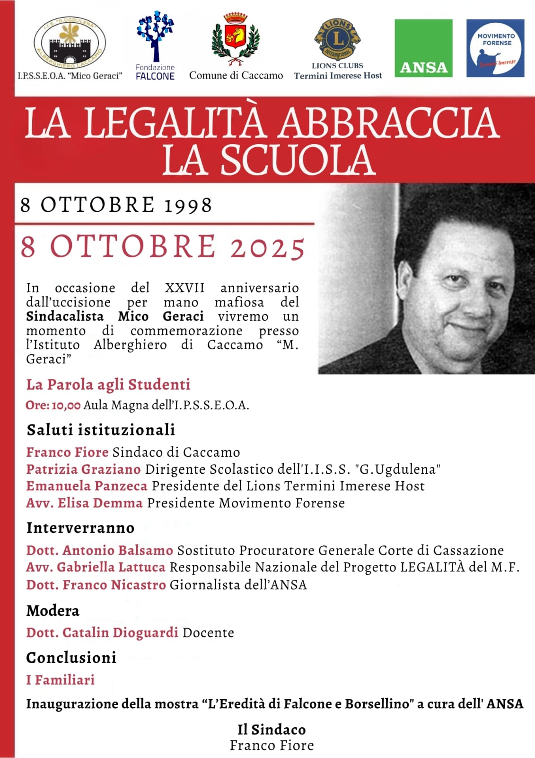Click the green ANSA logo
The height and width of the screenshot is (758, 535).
423,48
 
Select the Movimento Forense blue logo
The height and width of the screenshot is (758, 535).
495,48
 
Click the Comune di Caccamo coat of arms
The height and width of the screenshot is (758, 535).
235,39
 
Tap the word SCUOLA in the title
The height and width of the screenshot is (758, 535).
298,160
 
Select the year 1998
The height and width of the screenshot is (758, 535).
188,206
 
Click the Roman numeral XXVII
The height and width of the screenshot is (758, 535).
184,288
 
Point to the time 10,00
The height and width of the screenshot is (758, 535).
66,406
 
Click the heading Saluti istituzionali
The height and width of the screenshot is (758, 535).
101,430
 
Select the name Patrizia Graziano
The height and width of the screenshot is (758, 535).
83,469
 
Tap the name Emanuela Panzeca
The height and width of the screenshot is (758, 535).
87,486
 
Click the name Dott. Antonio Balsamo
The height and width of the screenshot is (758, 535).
99,550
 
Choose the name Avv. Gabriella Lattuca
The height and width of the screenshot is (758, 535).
96,567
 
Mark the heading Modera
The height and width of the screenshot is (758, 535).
53,611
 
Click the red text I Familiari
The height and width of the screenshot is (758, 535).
60,680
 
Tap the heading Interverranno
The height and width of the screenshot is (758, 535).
80,528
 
